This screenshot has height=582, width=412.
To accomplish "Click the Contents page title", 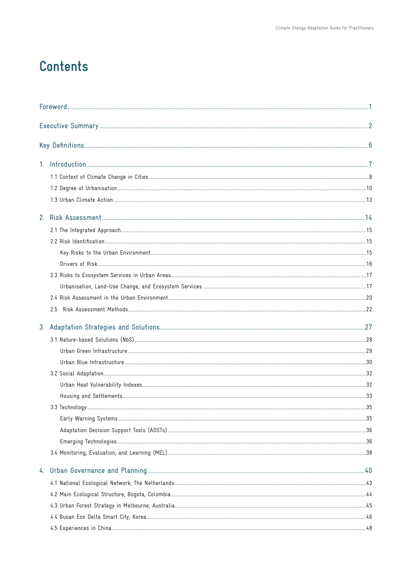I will [64, 67].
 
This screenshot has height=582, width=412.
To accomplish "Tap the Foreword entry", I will [53, 107].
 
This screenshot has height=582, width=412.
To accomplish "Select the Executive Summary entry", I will [69, 126].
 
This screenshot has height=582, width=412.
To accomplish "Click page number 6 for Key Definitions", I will [370, 145].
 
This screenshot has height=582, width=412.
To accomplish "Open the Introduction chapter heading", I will [68, 165].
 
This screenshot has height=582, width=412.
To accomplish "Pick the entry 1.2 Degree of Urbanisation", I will [84, 188].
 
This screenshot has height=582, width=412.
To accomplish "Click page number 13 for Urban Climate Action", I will [369, 200].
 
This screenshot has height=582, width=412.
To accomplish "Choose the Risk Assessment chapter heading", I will [75, 218].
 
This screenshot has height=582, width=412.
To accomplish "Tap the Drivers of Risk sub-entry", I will [78, 264].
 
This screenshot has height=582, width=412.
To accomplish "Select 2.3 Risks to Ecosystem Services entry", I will [111, 275].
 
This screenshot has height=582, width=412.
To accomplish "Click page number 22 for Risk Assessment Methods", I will [369, 310].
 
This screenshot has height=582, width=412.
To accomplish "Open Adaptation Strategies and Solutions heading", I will [105, 327].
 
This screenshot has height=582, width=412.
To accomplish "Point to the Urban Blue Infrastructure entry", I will [92, 362].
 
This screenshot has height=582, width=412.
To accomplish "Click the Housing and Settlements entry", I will [91, 396].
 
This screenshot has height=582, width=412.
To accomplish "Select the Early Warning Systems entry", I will [89, 419].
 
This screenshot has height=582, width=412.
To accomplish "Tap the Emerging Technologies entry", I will [88, 442].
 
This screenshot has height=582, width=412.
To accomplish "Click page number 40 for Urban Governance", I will [368, 471].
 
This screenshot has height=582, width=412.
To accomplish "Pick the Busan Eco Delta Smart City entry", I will [98, 517].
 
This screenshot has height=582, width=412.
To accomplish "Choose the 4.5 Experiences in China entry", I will [81, 528].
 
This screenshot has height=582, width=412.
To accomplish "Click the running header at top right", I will [324, 28].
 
